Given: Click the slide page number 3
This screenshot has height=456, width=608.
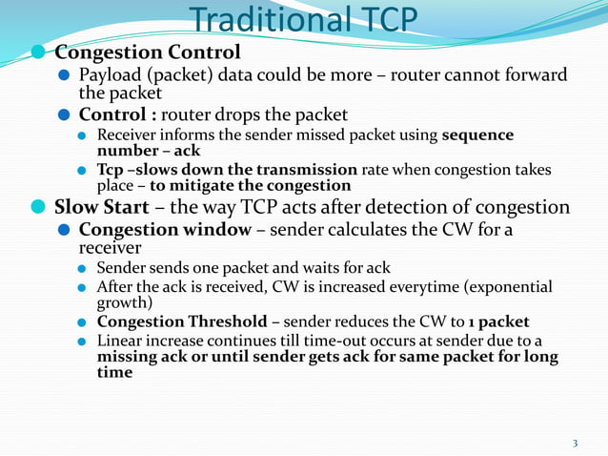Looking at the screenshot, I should pyautogui.click(x=575, y=443).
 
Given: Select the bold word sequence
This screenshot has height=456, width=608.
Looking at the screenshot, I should pyautogui.click(x=477, y=135).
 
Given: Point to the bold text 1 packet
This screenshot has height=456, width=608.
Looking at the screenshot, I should pyautogui.click(x=493, y=321).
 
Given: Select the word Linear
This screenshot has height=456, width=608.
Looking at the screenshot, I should pyautogui.click(x=120, y=341).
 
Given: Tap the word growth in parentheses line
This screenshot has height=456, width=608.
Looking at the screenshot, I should pyautogui.click(x=123, y=302).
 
